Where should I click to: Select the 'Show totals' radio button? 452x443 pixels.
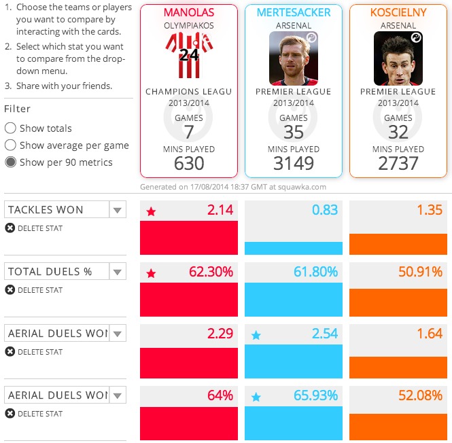tap(10, 128)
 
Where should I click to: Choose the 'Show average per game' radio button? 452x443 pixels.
tap(10, 145)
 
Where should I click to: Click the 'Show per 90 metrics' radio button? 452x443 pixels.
tap(10, 162)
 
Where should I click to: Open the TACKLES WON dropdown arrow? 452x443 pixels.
tap(118, 210)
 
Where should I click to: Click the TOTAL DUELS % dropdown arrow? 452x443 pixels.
tap(118, 272)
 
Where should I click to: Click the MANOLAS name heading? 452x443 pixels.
tap(189, 13)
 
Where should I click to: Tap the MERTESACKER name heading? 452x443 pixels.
tap(294, 13)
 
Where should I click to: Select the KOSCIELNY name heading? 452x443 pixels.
tap(398, 13)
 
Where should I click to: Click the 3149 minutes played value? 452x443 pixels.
tap(294, 164)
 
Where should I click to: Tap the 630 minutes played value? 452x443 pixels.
tap(189, 164)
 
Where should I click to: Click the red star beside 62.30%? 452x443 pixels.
tap(152, 273)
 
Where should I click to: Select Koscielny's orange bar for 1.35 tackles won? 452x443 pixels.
tap(398, 244)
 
